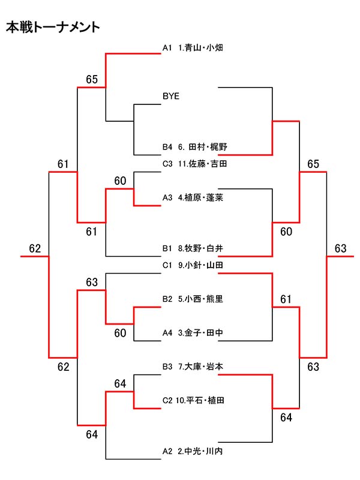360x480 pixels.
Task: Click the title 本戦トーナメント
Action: click(53, 28)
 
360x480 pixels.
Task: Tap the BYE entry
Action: click(170, 96)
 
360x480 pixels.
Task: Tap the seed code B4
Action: click(167, 147)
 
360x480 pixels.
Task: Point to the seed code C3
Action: click(167, 163)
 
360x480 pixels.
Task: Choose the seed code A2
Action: click(167, 451)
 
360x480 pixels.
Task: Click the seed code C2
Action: click(167, 400)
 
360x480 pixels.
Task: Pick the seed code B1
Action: click(167, 248)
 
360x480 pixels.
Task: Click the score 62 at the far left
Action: click(35, 248)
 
